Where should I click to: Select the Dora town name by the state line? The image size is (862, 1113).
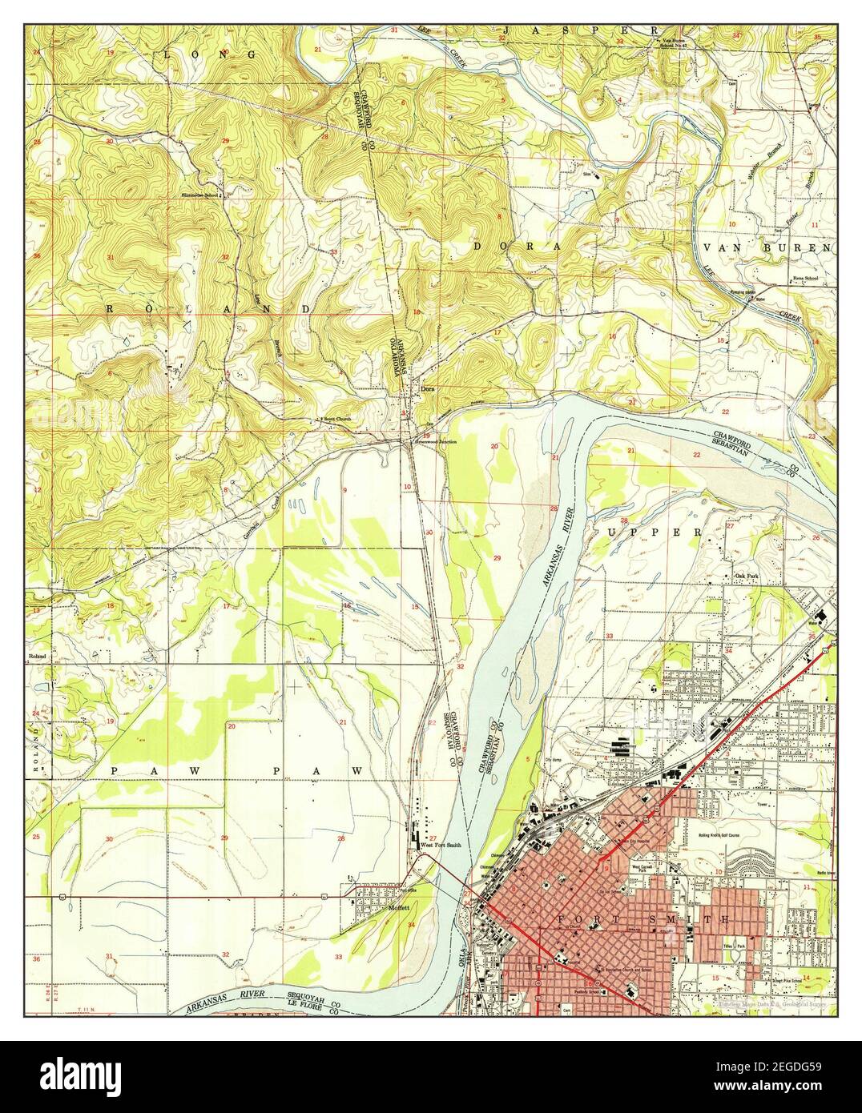pyautogui.click(x=428, y=391)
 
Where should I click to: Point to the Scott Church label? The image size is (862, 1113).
pyautogui.click(x=336, y=419)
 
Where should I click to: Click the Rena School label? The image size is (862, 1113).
pyautogui.click(x=805, y=279)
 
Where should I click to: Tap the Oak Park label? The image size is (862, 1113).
pyautogui.click(x=747, y=576)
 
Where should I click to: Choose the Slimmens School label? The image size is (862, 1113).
pyautogui.click(x=200, y=195)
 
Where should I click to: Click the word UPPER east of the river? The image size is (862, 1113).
pyautogui.click(x=654, y=532)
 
